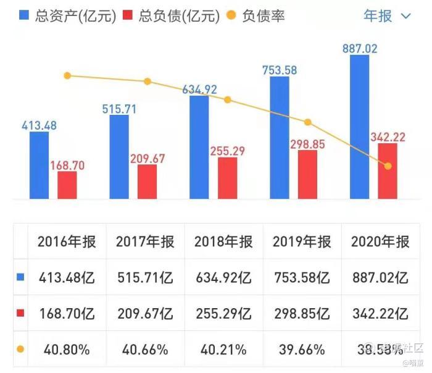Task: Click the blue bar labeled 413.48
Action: coord(39,165)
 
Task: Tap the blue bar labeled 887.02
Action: coord(359,127)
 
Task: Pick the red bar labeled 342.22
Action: coord(388,171)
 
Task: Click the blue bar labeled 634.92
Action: coord(199,147)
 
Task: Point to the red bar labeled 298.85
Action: coord(307,174)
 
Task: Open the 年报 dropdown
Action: coord(387,16)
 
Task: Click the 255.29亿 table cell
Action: coord(223,314)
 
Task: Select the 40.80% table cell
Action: coord(67,349)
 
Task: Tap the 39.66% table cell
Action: coord(302,349)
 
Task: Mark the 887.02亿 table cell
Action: coord(380,278)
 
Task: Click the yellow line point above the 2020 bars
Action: coord(388,166)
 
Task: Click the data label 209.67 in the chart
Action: coord(147,159)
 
